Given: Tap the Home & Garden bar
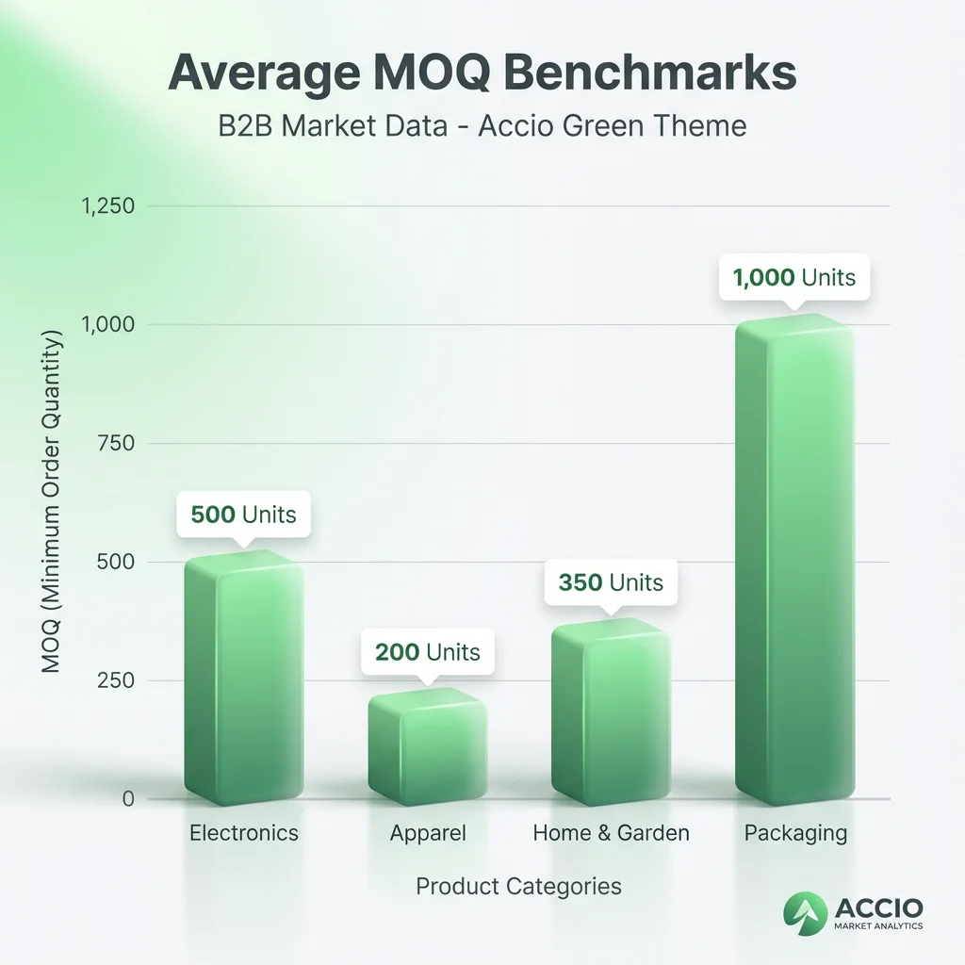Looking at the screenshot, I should pyautogui.click(x=610, y=711).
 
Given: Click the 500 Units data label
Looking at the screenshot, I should pyautogui.click(x=243, y=515).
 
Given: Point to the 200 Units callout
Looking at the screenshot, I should pyautogui.click(x=427, y=652).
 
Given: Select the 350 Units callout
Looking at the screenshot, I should pyautogui.click(x=611, y=582).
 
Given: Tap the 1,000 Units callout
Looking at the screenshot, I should pyautogui.click(x=793, y=277).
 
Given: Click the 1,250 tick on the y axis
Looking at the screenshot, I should pyautogui.click(x=108, y=206).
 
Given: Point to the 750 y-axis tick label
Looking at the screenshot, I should pyautogui.click(x=117, y=444).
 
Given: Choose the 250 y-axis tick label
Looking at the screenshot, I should pyautogui.click(x=117, y=680).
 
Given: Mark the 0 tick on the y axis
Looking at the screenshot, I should pyautogui.click(x=128, y=799).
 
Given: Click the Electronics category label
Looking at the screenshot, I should pyautogui.click(x=243, y=833).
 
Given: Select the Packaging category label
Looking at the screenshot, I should pyautogui.click(x=795, y=833).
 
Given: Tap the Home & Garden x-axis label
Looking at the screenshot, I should pyautogui.click(x=611, y=833).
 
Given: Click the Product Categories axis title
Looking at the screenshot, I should pyautogui.click(x=518, y=887).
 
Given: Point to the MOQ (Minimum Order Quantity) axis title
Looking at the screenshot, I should pyautogui.click(x=52, y=502).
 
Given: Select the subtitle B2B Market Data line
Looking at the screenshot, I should pyautogui.click(x=482, y=125).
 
